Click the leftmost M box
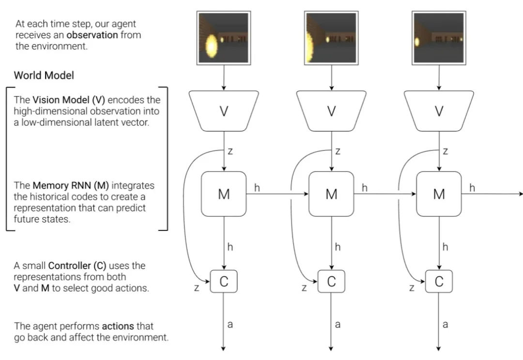click(224, 194)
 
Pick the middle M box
click(331, 194)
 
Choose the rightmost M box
click(439, 194)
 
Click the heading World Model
click(44, 75)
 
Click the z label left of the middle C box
click(304, 288)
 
